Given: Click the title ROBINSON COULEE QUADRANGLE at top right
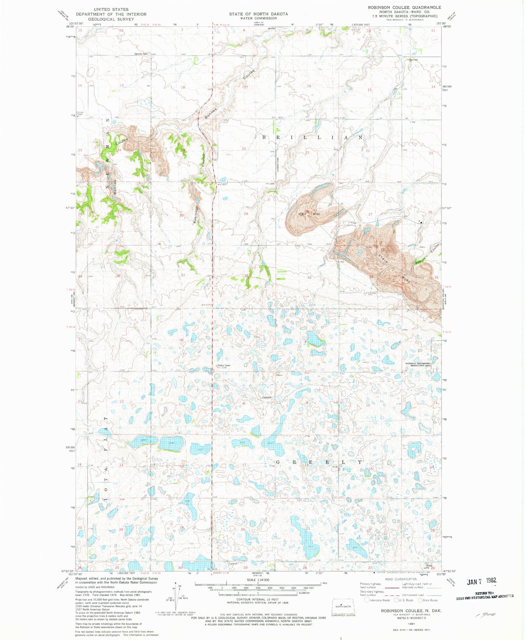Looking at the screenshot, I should coord(399,7).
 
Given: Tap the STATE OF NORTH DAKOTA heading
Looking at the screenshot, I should coord(258,14).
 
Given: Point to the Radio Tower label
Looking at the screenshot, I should coord(224,365).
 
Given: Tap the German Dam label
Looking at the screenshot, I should coord(141,54).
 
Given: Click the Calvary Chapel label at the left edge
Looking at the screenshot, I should coord(80,113).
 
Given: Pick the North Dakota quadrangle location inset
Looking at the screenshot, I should coord(340,607).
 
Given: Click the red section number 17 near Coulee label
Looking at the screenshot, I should coord(246,87).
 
